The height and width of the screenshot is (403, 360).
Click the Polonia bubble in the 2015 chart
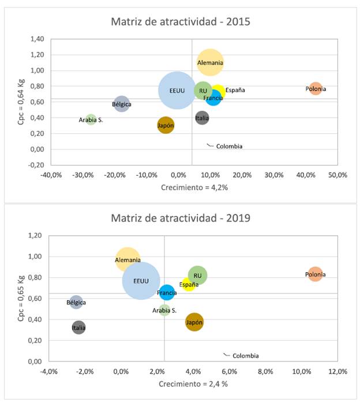315,89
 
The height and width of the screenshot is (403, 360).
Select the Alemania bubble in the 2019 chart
127,260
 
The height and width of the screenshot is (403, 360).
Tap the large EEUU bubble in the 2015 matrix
177,91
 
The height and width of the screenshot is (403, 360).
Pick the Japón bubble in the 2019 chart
194,322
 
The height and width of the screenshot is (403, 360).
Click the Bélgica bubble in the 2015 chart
121,104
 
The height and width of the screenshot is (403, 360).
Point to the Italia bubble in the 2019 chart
78,327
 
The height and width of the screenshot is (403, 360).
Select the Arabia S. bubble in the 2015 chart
91,120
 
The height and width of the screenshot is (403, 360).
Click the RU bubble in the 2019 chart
197,276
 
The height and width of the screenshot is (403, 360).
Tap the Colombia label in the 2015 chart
229,146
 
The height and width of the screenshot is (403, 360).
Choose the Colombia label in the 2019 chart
245,356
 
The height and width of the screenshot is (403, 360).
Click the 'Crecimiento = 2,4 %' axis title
192,383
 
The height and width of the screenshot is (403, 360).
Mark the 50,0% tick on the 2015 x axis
336,175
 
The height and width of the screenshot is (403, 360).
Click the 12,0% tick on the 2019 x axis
337,372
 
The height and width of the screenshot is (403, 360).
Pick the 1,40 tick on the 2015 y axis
36,39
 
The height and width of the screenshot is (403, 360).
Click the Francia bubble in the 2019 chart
167,293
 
